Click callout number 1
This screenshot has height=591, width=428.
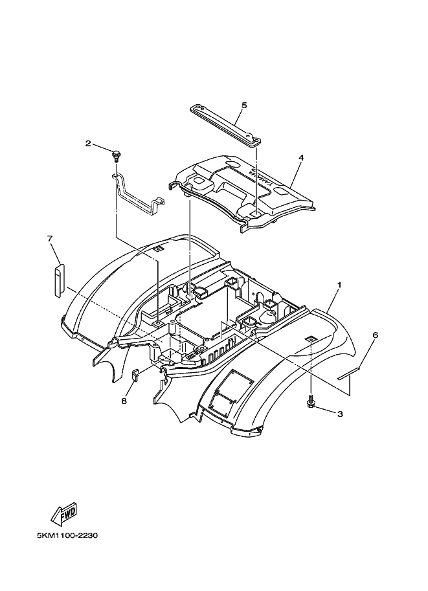339,284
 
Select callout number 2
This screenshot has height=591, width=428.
88,143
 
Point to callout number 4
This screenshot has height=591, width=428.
301,157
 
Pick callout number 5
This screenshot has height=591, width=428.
244,105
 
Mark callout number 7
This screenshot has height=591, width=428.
49,238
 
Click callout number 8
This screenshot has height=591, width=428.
124,401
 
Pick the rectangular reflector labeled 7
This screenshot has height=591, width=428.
58,278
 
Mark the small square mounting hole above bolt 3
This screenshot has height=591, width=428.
310,339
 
